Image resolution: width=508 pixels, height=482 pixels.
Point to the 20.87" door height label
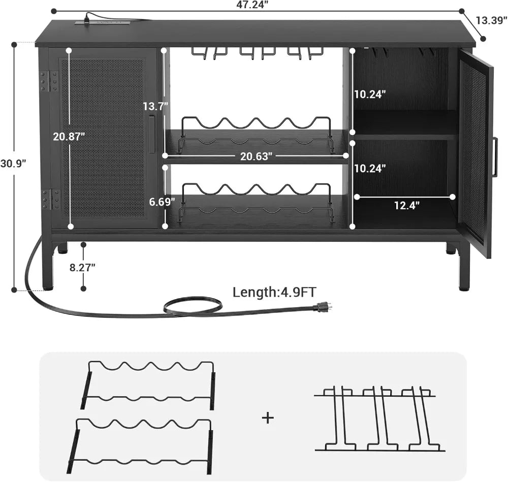tap(69, 136)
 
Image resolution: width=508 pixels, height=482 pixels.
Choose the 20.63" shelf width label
tap(256, 156)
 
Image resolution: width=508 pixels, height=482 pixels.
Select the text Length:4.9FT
tap(274, 292)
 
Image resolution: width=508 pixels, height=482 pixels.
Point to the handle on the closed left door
tap(152, 135)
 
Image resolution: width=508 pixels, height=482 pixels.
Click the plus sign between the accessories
tap(268, 417)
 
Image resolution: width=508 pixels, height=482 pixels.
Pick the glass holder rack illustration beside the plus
tap(378, 419)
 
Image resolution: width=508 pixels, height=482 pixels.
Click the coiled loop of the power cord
tap(193, 306)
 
